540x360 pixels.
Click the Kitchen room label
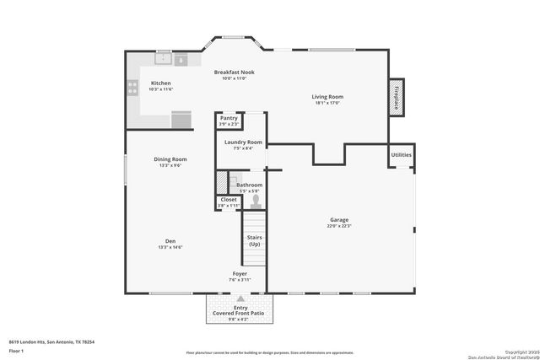(x=160, y=83)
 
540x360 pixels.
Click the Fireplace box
(x=396, y=96)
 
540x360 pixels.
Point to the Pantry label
(x=229, y=119)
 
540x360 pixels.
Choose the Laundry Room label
(x=243, y=142)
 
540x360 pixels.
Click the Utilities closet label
(x=401, y=155)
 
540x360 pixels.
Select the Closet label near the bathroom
(x=229, y=200)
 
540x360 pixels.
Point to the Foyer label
(x=240, y=275)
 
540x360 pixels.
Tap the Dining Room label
(x=170, y=159)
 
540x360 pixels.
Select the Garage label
(x=338, y=221)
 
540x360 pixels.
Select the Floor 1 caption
(x=16, y=350)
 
